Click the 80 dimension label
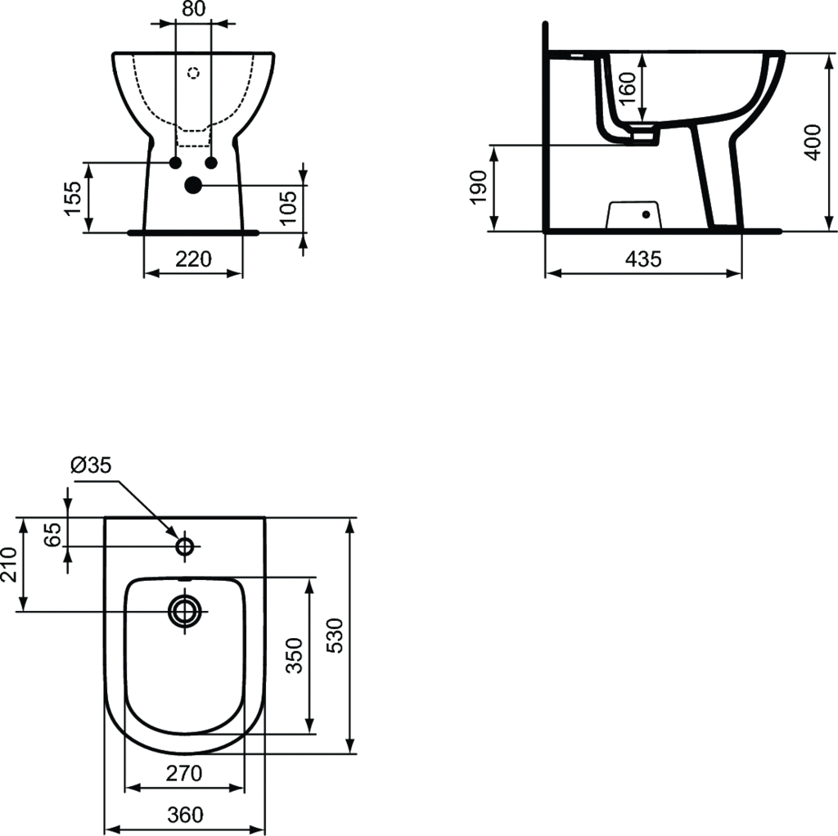193,9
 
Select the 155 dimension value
73,198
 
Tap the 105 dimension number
288,208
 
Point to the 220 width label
193,259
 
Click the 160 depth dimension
629,88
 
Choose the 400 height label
813,142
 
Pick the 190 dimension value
478,187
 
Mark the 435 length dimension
643,259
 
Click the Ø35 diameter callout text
92,465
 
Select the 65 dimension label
52,535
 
